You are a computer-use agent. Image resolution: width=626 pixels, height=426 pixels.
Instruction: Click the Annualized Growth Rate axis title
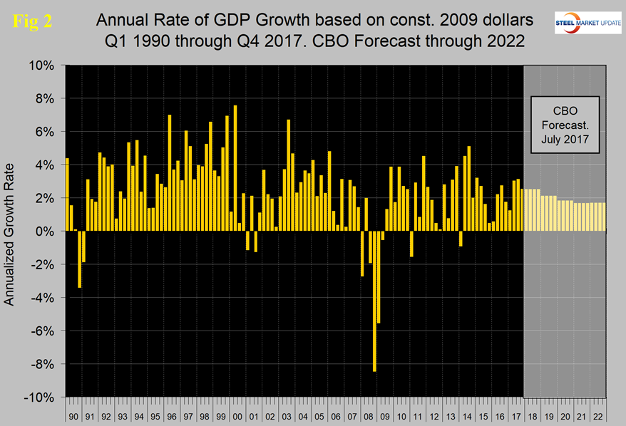pos(10,232)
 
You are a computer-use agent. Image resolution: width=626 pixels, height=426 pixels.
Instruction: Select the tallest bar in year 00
pos(235,169)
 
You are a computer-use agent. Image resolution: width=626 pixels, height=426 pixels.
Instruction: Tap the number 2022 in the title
pos(501,41)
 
